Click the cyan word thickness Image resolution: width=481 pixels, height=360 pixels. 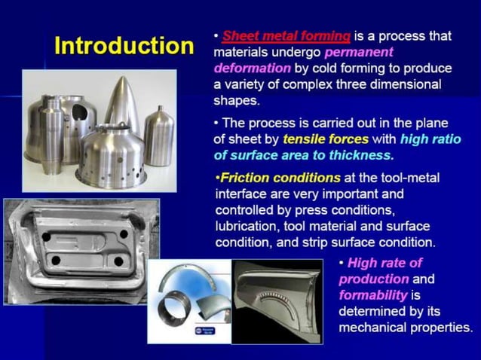359,155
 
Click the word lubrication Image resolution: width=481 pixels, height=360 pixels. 249,227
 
